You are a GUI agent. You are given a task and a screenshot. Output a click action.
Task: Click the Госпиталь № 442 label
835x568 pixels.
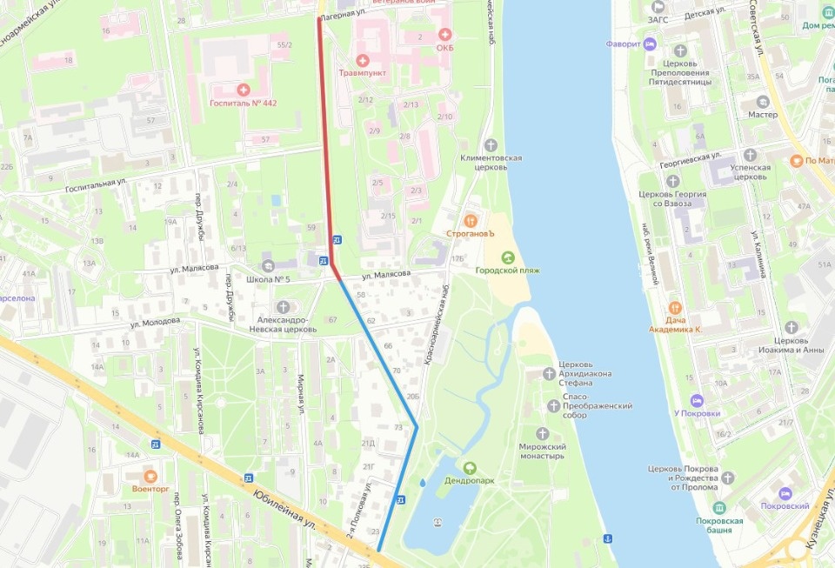point(243,103)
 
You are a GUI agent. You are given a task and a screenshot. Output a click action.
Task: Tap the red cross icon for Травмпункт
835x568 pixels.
point(363,60)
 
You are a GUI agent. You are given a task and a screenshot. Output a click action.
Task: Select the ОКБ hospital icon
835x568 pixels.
point(445,35)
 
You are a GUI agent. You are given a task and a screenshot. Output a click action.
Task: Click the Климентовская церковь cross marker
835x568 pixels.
point(491,144)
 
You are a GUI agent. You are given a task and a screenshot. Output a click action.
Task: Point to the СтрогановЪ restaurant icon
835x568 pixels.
point(471,220)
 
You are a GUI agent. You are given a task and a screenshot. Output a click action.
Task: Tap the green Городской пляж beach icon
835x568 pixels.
point(507,257)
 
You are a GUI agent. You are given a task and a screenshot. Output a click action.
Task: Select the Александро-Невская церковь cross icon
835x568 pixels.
point(284,306)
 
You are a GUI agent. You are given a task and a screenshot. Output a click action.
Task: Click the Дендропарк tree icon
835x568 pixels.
point(471,467)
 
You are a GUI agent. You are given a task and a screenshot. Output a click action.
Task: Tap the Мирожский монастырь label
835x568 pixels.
point(543,451)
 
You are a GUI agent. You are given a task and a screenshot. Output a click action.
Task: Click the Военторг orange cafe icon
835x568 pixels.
point(150,477)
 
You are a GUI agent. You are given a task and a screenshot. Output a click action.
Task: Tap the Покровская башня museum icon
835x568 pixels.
point(718,507)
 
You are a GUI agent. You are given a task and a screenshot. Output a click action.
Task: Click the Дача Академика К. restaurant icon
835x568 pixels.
point(674,307)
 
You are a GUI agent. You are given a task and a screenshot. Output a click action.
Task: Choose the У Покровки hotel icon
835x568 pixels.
point(695,400)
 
